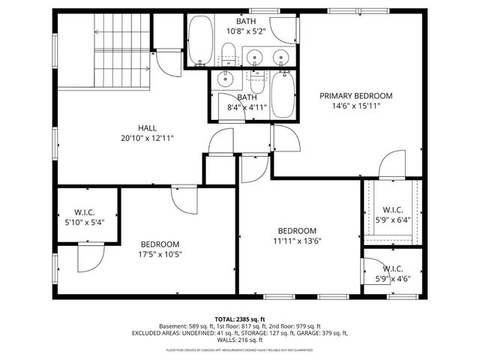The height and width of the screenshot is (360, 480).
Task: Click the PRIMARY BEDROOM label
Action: click(x=355, y=95)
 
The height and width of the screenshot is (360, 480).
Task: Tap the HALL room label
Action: click(x=147, y=127)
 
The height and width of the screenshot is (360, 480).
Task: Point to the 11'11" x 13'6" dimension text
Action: click(x=297, y=241)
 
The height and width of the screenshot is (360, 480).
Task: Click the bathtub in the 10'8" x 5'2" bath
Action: click(x=201, y=40)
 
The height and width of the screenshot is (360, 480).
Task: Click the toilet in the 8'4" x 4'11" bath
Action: click(x=257, y=79)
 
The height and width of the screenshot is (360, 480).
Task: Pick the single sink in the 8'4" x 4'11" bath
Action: click(x=226, y=78)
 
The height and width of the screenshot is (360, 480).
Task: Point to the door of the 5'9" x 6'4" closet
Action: click(x=391, y=164)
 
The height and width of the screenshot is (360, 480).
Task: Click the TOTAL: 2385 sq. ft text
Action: click(x=240, y=318)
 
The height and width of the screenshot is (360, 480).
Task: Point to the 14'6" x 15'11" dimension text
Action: click(x=355, y=106)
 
